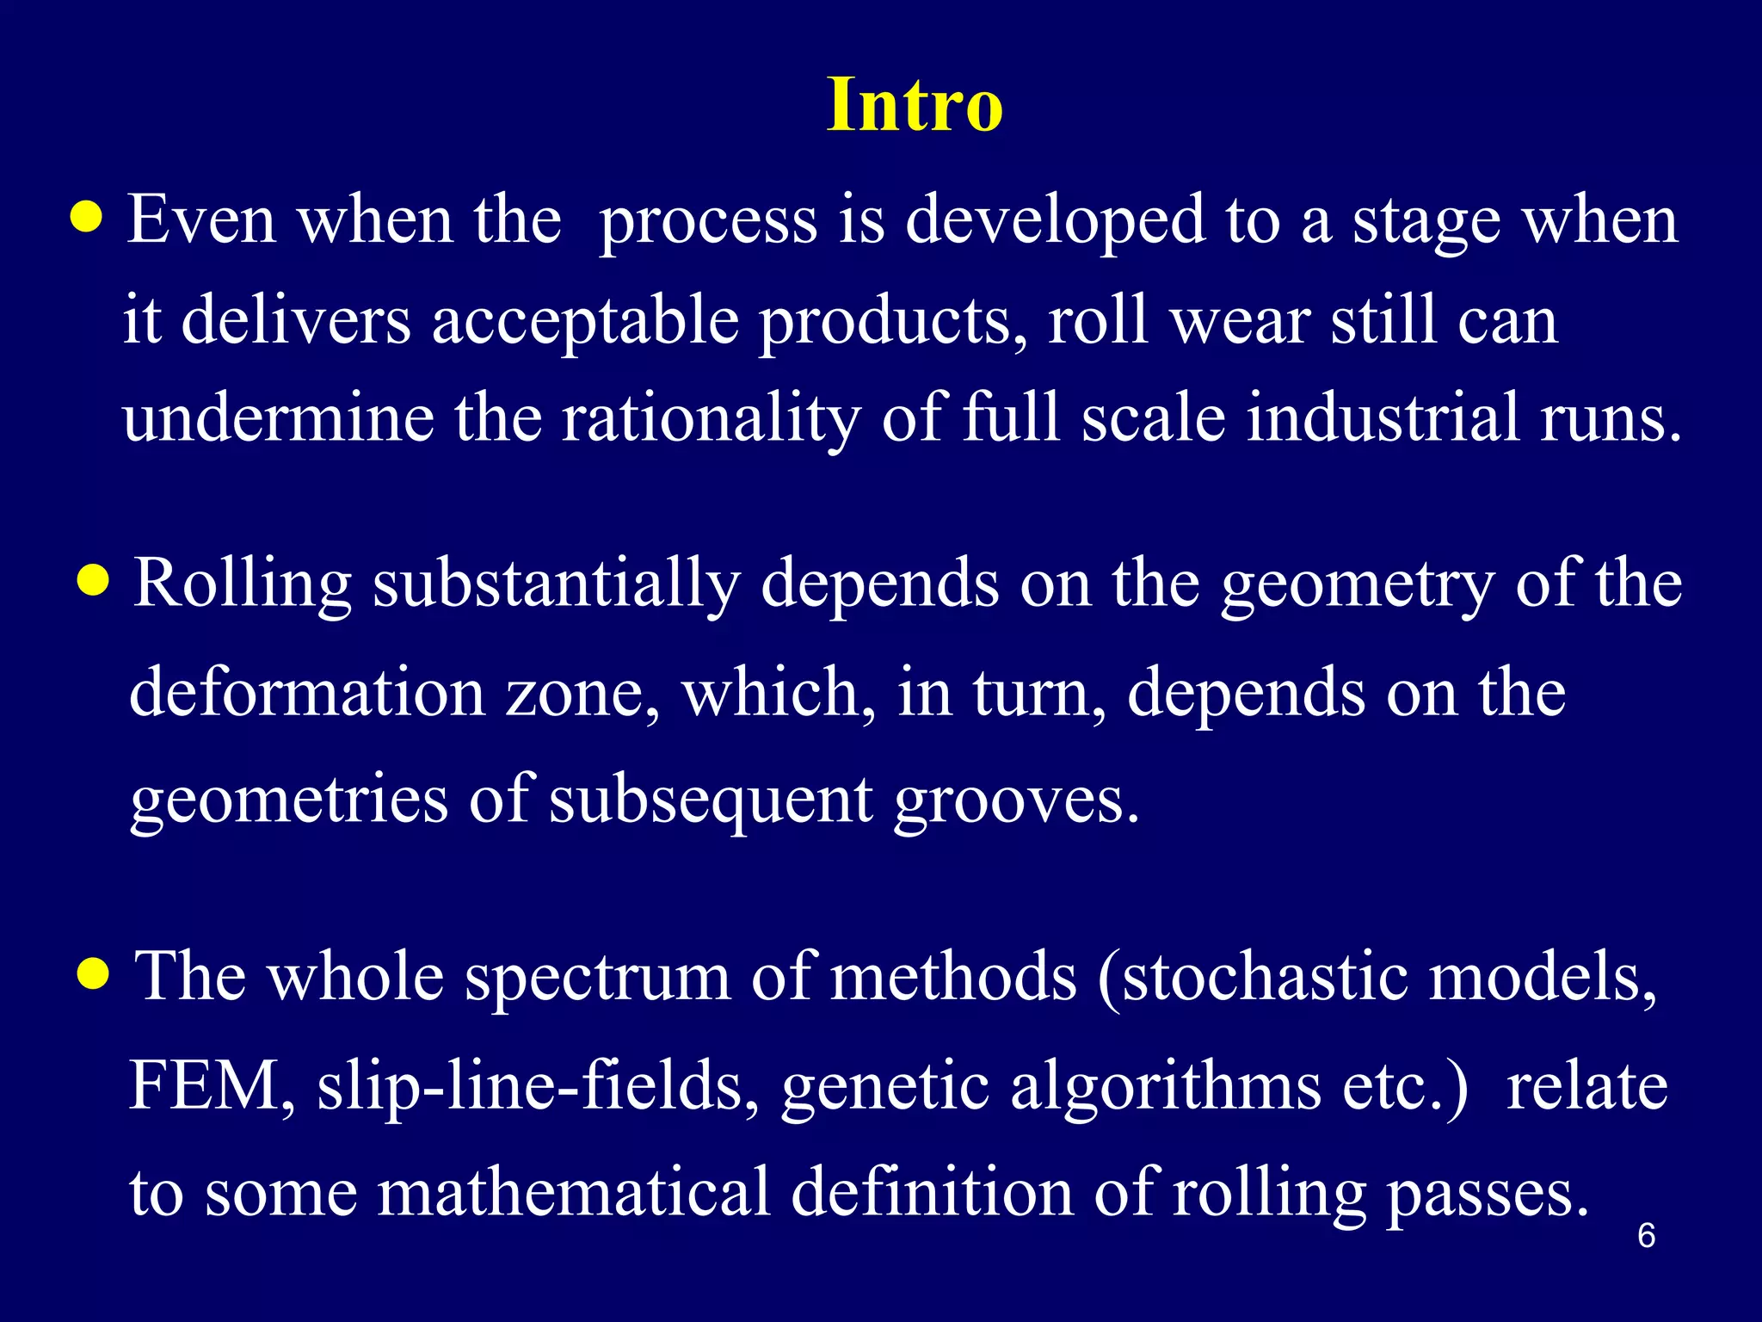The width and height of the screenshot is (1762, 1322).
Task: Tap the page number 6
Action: (x=1646, y=1236)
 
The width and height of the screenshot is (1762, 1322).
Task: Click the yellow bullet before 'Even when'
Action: (x=87, y=219)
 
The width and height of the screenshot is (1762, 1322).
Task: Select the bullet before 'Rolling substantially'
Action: (x=93, y=582)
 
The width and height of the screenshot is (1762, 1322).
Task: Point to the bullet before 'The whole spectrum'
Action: (x=93, y=975)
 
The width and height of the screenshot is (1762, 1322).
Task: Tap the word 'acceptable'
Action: (x=585, y=320)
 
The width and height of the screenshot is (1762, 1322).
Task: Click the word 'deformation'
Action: (x=307, y=693)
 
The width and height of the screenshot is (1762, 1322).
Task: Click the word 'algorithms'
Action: (x=1165, y=1085)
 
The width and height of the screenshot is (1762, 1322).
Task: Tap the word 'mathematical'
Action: (x=574, y=1193)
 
